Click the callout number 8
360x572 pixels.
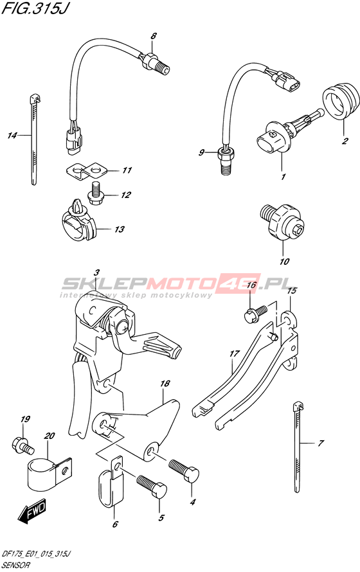click(154, 36)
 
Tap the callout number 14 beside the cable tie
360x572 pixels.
click(12, 136)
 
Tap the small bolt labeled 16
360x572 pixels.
click(255, 312)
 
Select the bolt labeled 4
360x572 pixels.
click(184, 470)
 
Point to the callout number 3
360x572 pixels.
click(96, 273)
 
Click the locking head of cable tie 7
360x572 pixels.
click(298, 406)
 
